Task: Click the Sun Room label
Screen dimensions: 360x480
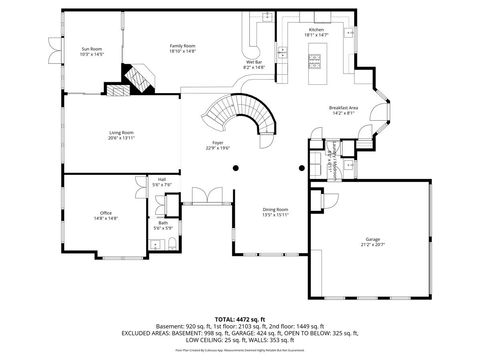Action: [x=79, y=48]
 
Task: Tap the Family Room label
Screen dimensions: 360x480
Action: [x=181, y=45]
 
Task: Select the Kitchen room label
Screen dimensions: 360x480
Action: [x=316, y=30]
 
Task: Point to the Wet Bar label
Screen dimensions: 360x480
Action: [x=254, y=62]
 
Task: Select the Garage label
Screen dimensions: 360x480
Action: [x=374, y=239]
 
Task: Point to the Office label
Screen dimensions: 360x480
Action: [x=105, y=213]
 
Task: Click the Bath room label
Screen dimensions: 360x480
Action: [x=162, y=223]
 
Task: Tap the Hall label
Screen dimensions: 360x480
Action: [x=161, y=180]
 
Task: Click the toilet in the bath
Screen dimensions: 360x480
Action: [x=171, y=245]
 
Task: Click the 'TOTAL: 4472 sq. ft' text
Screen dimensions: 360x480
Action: [x=240, y=317]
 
